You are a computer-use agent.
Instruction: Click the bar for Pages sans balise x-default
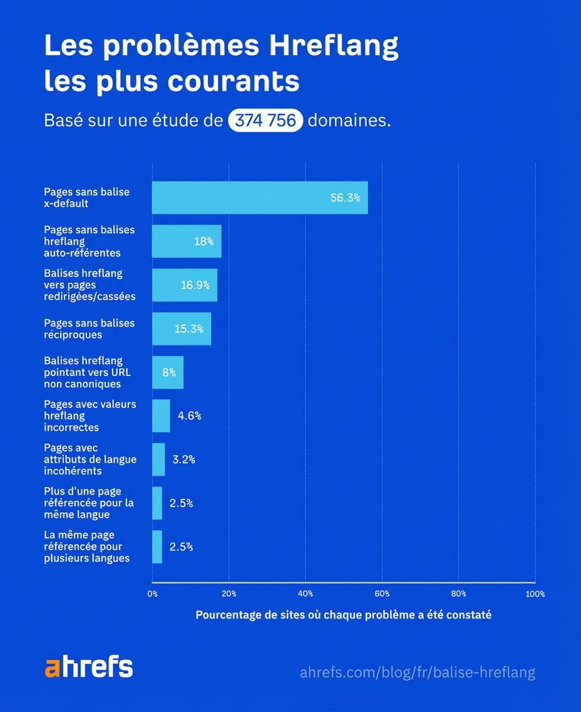260,198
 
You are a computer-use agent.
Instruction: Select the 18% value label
203,241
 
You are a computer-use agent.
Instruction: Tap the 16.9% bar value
195,285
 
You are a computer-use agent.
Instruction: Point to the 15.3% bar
182,328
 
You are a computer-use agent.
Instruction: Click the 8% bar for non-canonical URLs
168,372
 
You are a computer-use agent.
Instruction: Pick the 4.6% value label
189,416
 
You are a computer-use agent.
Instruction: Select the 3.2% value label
183,459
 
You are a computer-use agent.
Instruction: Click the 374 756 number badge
265,120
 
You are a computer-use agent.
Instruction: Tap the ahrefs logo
89,667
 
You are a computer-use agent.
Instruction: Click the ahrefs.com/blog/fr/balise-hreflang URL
418,673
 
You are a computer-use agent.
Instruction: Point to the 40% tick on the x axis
306,594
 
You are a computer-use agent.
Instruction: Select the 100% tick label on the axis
535,594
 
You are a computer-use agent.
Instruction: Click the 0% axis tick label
153,594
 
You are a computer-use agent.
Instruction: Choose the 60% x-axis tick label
382,594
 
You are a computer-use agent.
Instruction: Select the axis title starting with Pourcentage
343,615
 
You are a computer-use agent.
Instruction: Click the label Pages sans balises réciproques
89,328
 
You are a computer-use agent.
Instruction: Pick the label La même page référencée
87,547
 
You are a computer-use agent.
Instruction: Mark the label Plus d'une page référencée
88,503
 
